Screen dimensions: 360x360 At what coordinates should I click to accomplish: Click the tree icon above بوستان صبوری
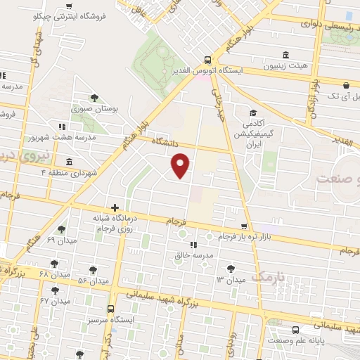pos(94,98)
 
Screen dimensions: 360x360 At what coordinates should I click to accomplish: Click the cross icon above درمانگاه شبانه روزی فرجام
pos(115,207)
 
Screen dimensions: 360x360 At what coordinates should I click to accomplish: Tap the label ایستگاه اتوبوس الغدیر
pos(210,70)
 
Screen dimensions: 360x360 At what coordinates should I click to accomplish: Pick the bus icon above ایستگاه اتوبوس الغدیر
pos(206,60)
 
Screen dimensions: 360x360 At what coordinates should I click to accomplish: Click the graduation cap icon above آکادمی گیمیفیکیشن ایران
pos(252,112)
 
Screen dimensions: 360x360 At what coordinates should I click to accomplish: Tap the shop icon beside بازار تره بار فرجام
pos(243,226)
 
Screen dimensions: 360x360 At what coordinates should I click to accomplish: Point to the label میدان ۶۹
pos(60,240)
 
